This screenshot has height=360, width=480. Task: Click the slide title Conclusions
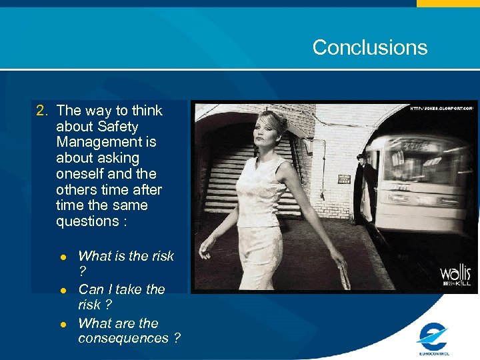pos(369,47)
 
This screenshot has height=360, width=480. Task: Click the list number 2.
pos(42,111)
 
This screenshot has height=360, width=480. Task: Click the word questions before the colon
pos(86,221)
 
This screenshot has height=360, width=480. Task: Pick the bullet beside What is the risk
pos(63,257)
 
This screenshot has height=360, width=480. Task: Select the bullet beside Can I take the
pos(63,291)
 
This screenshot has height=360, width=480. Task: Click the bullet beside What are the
pos(63,325)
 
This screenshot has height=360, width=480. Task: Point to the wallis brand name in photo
pos(455,273)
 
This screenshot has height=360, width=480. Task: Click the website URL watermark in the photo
pos(441,107)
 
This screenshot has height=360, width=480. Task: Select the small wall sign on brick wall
pos(344,179)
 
